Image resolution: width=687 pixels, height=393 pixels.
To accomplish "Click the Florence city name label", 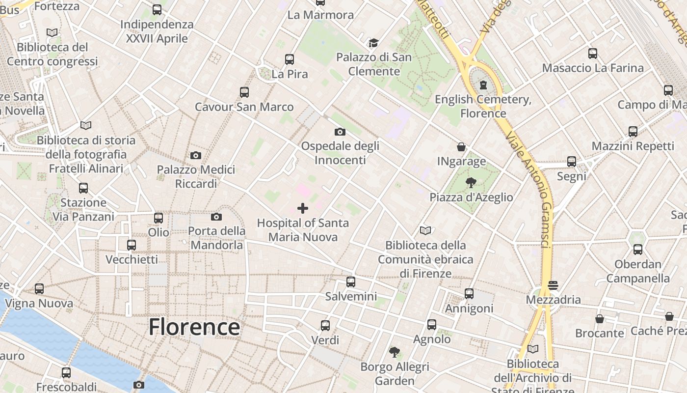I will [x=194, y=327].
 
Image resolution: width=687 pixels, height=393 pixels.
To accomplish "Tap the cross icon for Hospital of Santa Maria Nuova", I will [x=303, y=208].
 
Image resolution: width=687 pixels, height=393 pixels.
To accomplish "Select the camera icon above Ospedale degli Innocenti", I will [x=340, y=132].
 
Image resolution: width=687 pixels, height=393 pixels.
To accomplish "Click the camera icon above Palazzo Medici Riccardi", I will [x=196, y=155].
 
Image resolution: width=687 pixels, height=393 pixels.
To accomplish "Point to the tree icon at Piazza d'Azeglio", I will [x=471, y=183].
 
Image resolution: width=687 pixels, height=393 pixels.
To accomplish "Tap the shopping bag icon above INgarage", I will [x=461, y=146].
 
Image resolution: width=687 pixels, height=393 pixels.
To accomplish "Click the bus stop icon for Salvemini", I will [x=351, y=282].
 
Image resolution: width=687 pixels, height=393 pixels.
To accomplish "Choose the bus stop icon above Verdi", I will [x=325, y=325].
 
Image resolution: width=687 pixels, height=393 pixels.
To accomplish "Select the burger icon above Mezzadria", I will [x=553, y=285].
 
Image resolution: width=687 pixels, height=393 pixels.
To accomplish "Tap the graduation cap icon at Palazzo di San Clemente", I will [x=374, y=43].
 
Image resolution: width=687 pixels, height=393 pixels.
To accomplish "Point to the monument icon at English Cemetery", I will [x=483, y=85].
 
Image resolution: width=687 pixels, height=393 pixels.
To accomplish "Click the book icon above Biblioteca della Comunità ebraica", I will [x=425, y=230].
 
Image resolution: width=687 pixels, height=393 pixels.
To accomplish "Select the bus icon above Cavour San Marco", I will [x=244, y=92].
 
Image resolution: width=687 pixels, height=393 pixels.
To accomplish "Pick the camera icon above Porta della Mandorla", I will [x=216, y=217].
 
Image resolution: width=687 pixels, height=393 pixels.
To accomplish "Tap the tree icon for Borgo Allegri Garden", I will [x=394, y=352].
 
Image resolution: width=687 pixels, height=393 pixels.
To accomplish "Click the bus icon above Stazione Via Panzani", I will [x=83, y=188].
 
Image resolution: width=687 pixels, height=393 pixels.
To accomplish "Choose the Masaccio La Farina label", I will [x=593, y=68].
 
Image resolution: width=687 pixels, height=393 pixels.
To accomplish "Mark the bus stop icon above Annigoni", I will [x=469, y=294].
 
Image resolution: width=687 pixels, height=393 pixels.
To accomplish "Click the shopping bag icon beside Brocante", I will [x=599, y=319].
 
